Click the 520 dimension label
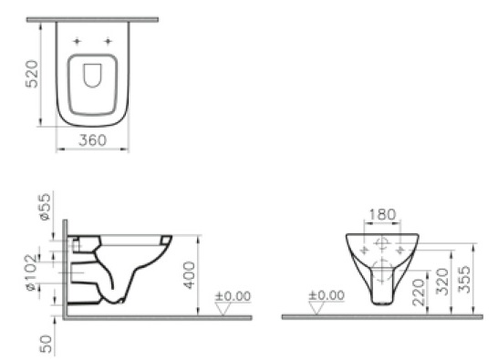pyautogui.click(x=32, y=74)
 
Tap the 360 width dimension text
pyautogui.click(x=92, y=140)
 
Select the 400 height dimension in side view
pyautogui.click(x=190, y=275)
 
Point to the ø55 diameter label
pyautogui.click(x=45, y=207)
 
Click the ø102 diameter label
pyautogui.click(x=32, y=273)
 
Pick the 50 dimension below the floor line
pyautogui.click(x=46, y=344)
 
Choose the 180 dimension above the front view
pyautogui.click(x=382, y=215)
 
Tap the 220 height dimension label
pyautogui.click(x=419, y=293)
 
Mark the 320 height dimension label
pyautogui.click(x=442, y=282)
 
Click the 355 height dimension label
pyautogui.click(x=464, y=279)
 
